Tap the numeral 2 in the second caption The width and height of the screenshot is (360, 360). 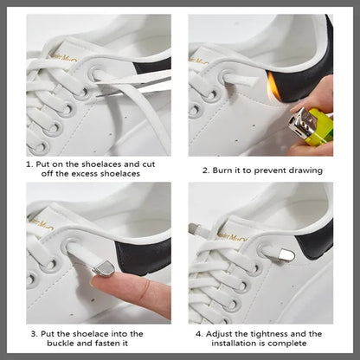[206, 170]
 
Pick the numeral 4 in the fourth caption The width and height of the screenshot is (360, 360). [198, 333]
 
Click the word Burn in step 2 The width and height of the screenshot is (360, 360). [226, 170]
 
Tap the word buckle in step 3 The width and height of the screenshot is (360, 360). [55, 344]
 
